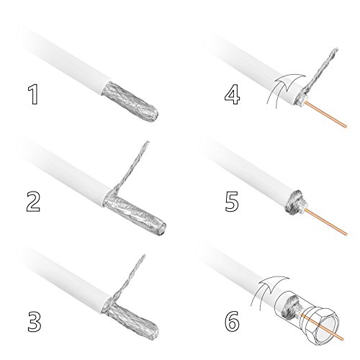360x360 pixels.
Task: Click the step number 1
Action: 34,95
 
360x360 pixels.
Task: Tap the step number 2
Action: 33,202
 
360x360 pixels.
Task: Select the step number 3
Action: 35,322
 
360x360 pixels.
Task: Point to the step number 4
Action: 232,94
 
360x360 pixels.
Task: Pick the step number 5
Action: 232,202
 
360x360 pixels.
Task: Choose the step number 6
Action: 232,321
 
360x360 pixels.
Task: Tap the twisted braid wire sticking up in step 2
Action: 131,167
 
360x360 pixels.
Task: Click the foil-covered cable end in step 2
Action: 135,212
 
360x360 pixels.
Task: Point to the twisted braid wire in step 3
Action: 127,279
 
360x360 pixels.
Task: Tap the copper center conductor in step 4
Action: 326,114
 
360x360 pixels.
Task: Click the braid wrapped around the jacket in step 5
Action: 293,202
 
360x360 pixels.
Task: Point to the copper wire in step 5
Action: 325,222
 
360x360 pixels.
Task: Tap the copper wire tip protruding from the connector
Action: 342,338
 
